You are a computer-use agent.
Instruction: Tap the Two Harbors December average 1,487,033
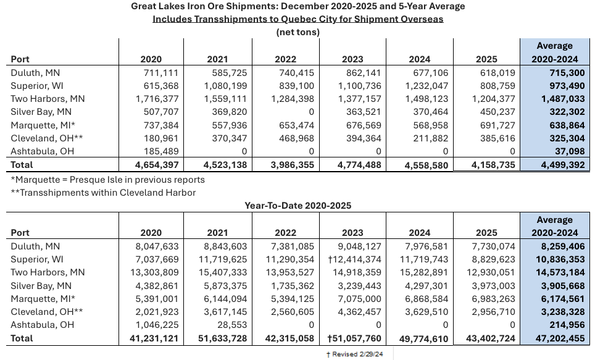tap(554, 99)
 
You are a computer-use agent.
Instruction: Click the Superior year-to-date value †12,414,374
tap(352, 259)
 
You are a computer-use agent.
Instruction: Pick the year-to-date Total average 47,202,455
tap(554, 338)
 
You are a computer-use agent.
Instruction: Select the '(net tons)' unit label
tap(297, 32)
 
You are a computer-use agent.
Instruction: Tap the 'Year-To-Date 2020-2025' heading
tap(297, 206)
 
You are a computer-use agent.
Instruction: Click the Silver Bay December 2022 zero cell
tap(311, 112)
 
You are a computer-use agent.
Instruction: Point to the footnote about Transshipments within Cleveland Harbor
tap(103, 192)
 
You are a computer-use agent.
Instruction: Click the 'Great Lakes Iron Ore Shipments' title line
tap(297, 6)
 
